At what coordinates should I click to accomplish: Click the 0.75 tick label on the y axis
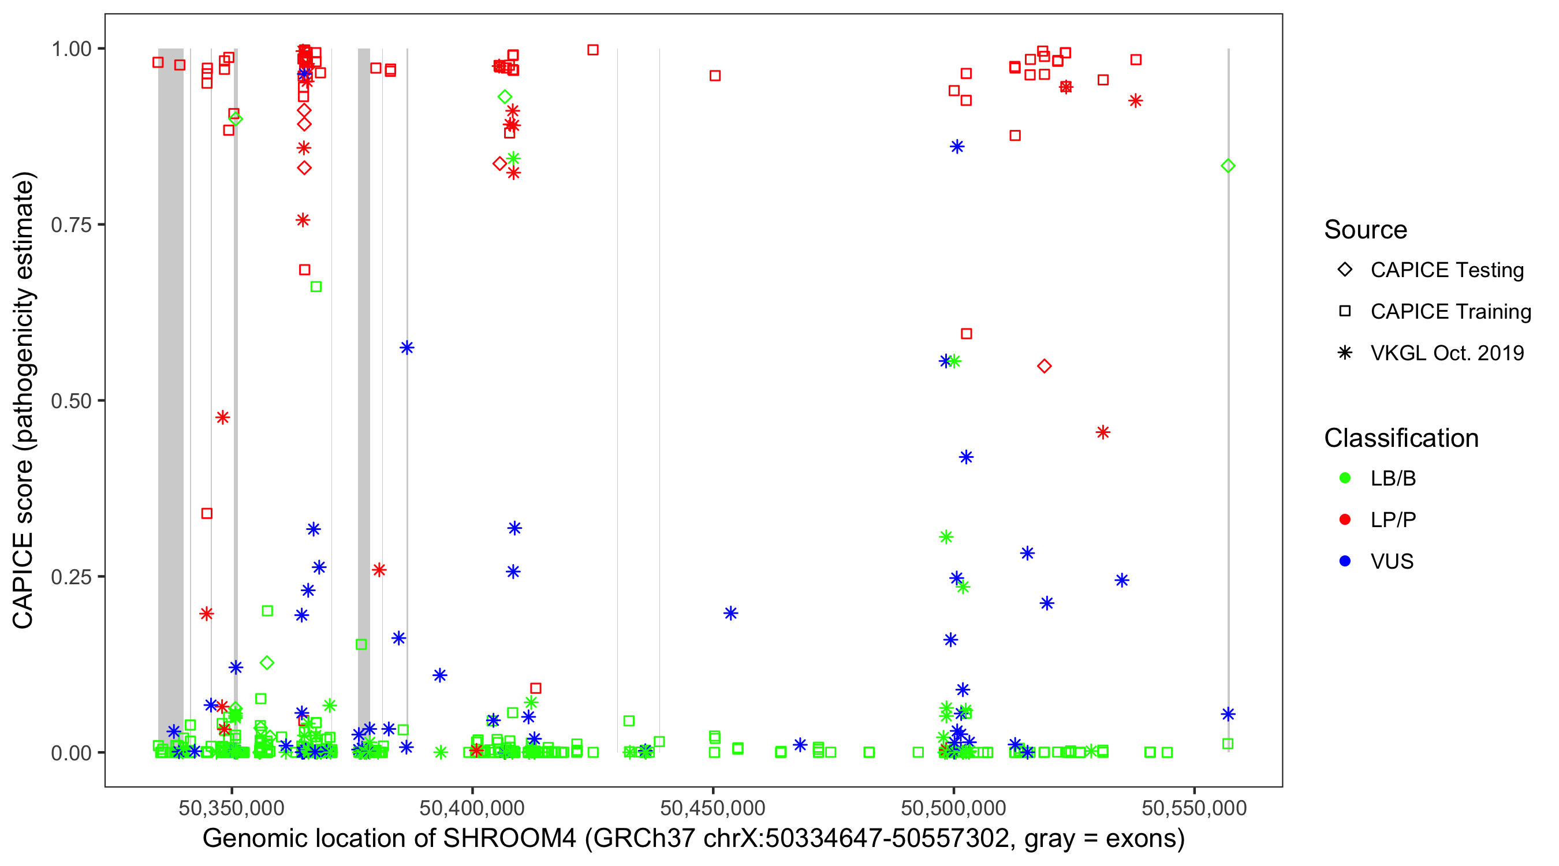tap(70, 225)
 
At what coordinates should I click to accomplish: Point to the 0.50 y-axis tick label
tap(70, 401)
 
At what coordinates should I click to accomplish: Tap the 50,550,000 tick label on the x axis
tap(1194, 807)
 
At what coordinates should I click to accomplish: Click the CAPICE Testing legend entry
tap(1446, 270)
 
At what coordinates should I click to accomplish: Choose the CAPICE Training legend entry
tap(1450, 312)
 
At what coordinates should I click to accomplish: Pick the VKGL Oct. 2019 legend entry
tap(1446, 353)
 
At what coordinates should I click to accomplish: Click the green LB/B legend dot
tap(1345, 478)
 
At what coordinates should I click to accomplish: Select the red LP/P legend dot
tap(1345, 520)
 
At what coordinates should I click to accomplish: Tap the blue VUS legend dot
tap(1345, 561)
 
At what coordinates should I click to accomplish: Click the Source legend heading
tap(1366, 230)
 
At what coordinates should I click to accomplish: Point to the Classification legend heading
tap(1401, 438)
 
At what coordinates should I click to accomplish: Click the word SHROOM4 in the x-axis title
tap(510, 839)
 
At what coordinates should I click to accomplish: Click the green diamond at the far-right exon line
tap(1228, 166)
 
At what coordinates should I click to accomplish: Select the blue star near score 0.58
tap(406, 348)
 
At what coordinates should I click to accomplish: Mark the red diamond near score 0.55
tap(1044, 366)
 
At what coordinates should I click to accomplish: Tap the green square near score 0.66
tap(316, 287)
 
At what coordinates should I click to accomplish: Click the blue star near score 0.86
tap(957, 147)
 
